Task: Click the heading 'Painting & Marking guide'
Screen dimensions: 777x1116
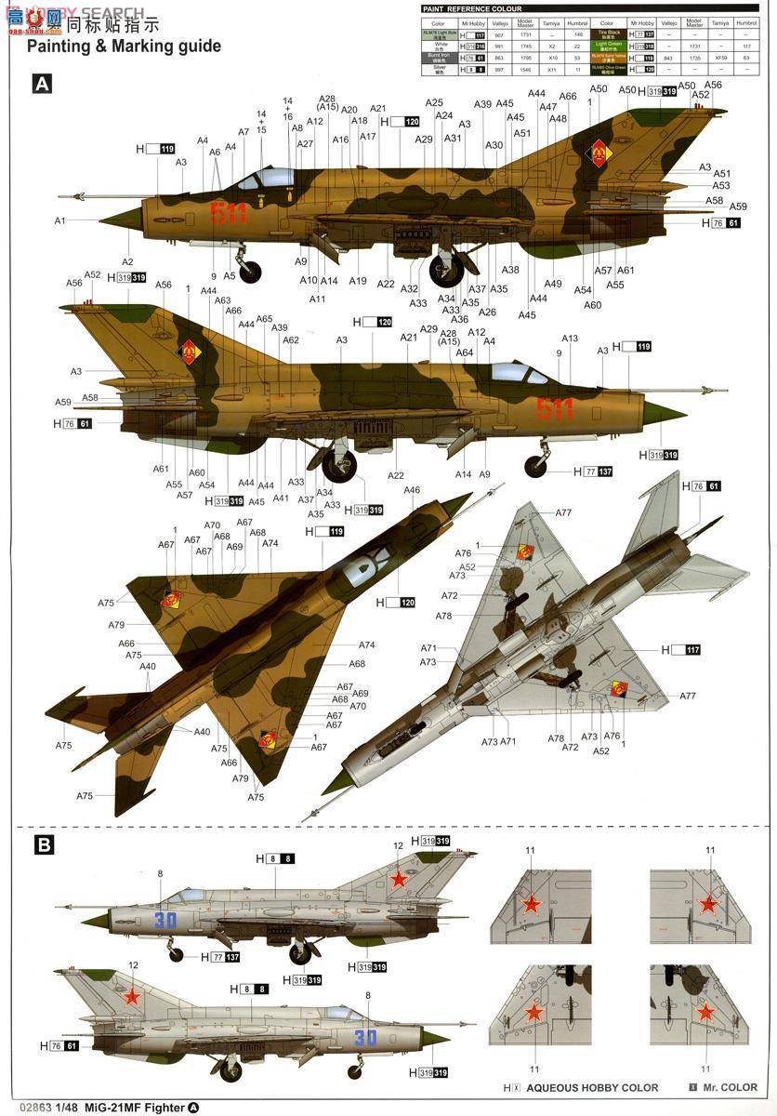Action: tap(124, 46)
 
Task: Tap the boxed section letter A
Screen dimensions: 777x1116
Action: tap(42, 85)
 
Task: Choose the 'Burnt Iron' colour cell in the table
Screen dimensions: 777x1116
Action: tap(438, 57)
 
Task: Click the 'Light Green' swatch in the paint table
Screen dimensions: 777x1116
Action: tap(609, 45)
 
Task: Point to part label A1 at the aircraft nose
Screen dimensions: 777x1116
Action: tap(59, 220)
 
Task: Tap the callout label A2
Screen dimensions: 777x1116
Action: tap(127, 262)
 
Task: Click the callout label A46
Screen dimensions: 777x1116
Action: tap(412, 489)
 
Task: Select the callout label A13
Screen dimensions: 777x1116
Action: tap(570, 339)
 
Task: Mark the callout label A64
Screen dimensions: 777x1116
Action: tap(465, 352)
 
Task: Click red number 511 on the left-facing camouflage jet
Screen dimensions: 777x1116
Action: tap(229, 214)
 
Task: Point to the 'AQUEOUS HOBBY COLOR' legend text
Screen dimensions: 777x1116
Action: tap(591, 1087)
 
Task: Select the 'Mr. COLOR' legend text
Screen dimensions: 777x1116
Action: tap(731, 1087)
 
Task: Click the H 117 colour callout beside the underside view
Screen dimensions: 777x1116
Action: tap(680, 650)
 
